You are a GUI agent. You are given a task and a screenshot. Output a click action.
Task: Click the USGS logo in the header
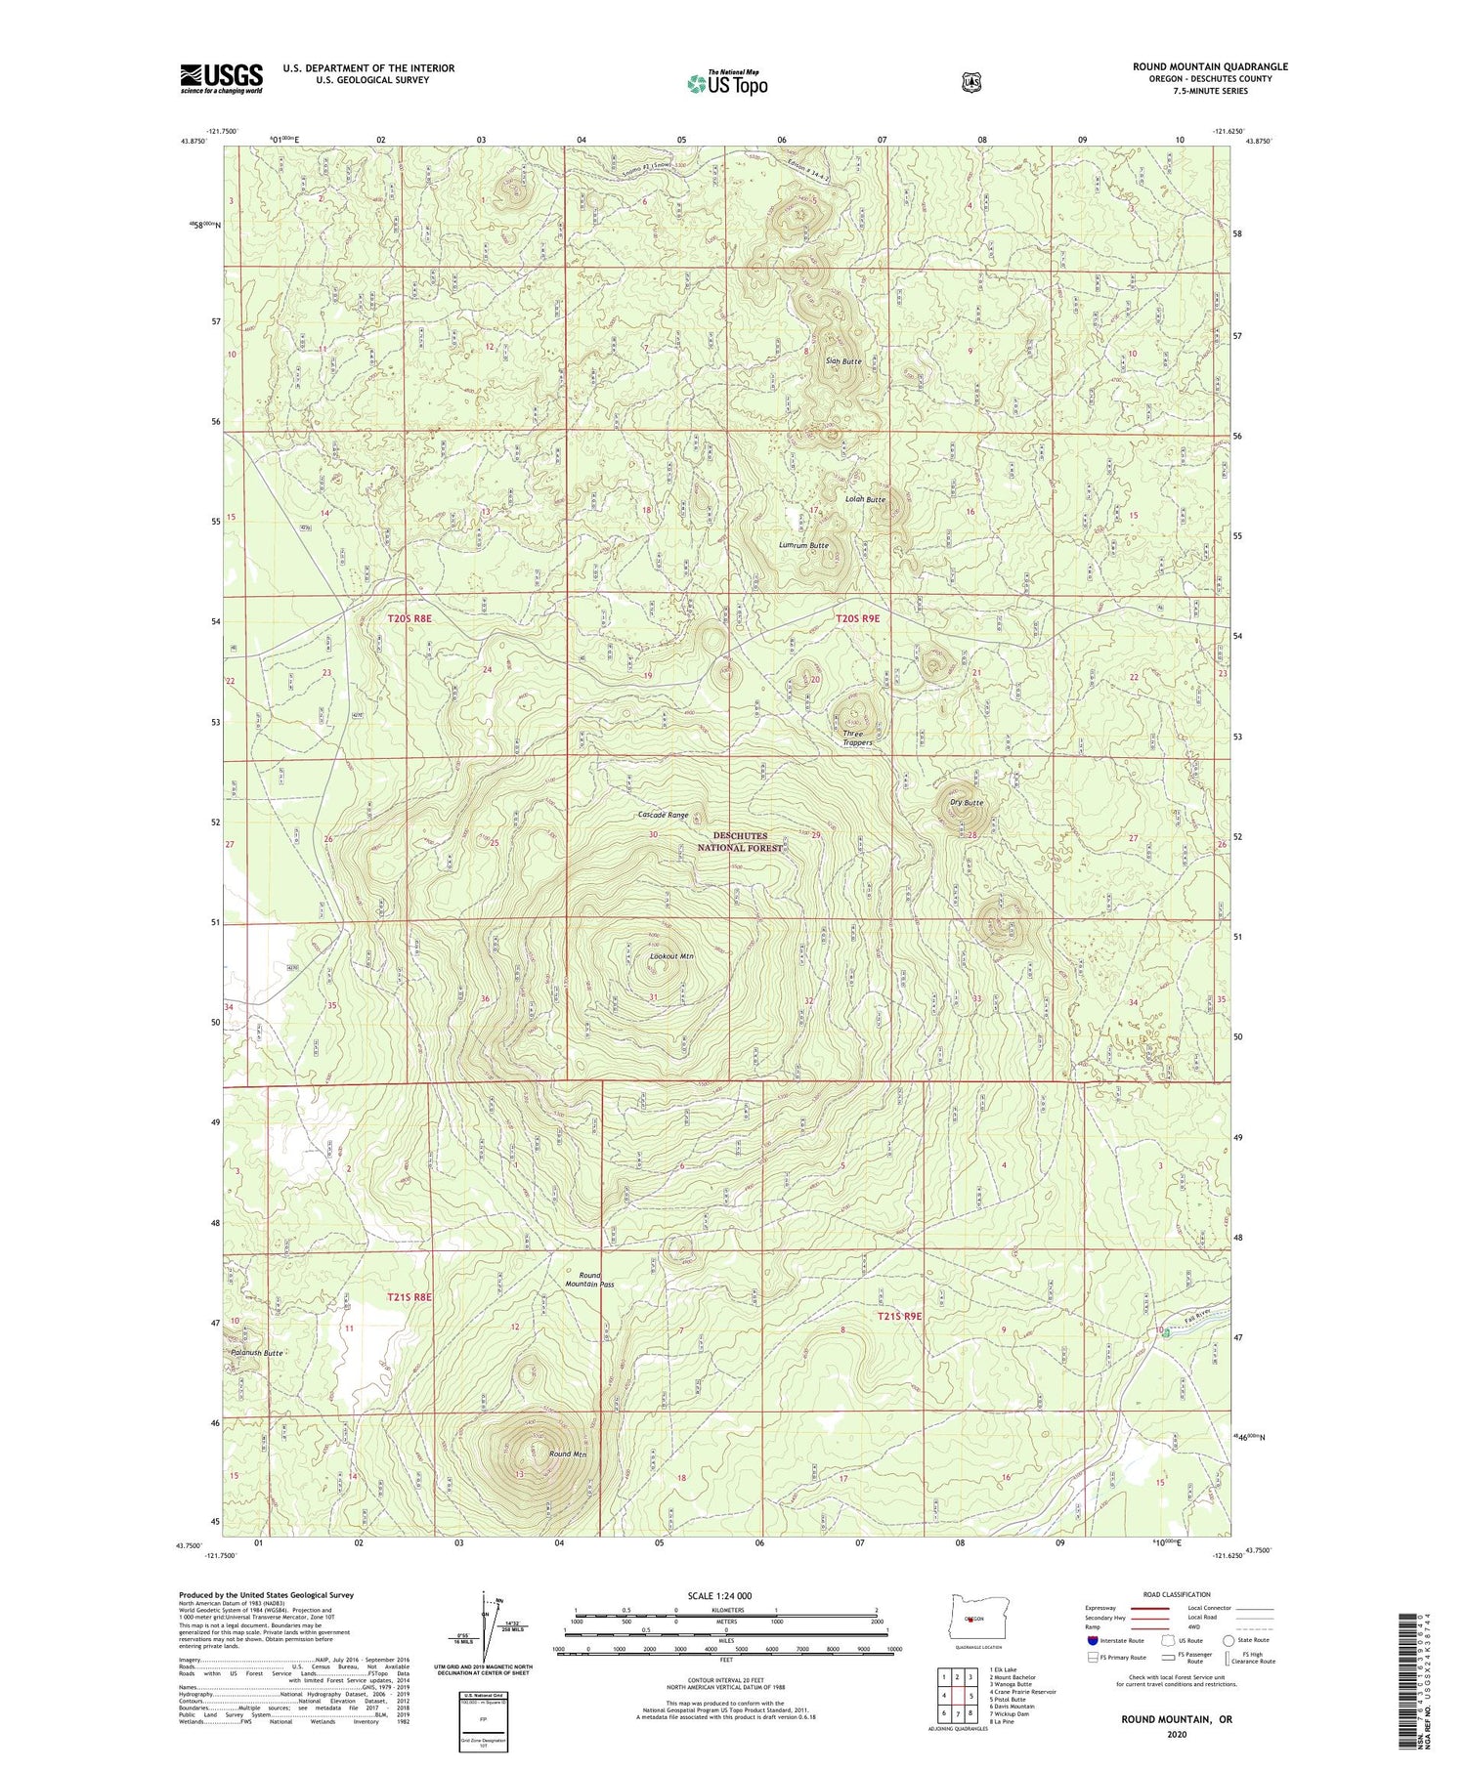221,78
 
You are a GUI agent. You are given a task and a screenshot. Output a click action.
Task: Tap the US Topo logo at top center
727,83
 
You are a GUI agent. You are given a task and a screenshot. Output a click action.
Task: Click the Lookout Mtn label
671,956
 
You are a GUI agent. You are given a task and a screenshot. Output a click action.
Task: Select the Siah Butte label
843,361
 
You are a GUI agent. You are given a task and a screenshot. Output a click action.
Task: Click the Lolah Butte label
865,499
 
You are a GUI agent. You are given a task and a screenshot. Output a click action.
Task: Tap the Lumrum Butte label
803,545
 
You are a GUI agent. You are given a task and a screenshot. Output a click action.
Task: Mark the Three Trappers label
857,738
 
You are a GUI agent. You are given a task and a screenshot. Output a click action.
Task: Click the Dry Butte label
967,803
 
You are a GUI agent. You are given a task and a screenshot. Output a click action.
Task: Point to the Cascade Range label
663,815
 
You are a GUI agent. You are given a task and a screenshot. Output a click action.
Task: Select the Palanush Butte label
257,1353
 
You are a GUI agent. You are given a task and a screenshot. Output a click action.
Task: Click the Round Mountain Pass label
589,1280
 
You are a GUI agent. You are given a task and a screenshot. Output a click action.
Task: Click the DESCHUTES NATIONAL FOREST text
740,842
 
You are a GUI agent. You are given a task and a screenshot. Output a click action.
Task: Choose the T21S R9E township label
899,1316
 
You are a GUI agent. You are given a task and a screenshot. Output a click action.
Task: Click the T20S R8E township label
409,618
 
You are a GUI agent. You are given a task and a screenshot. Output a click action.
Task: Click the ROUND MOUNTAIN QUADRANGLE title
1210,66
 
